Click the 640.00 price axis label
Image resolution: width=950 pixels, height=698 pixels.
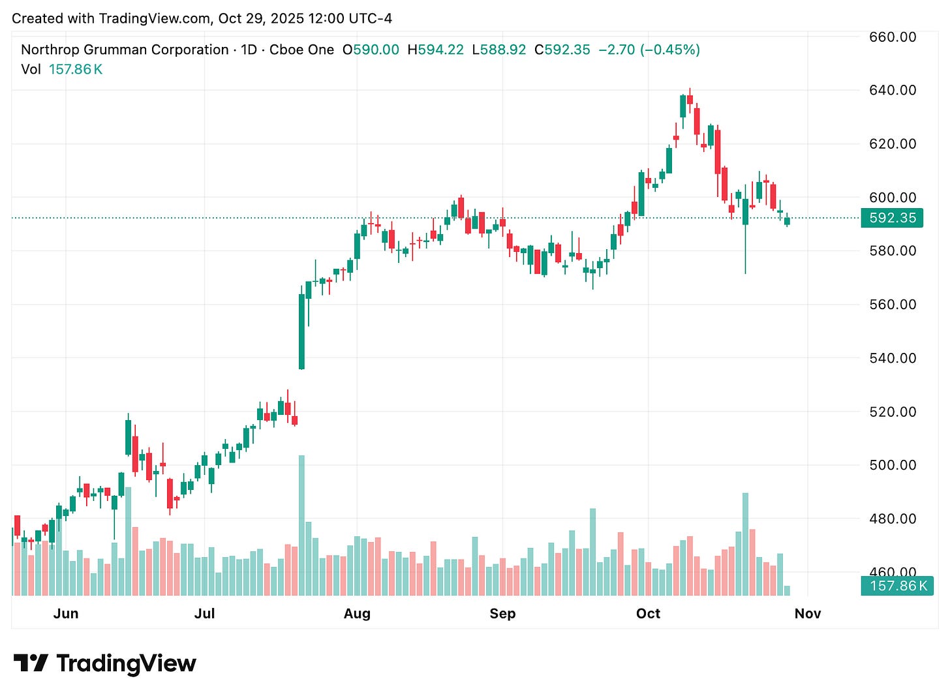(x=893, y=90)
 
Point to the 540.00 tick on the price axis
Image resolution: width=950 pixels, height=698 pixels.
(x=893, y=358)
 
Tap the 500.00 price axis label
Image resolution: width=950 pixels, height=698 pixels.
(x=893, y=465)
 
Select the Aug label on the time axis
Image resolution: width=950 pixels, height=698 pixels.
(x=357, y=614)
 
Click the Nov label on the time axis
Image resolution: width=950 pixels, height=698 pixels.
(x=808, y=614)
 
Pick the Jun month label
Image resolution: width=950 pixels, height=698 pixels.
(x=66, y=614)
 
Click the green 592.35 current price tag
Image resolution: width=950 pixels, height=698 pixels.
(x=892, y=218)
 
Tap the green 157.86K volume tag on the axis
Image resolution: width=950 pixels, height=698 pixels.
(x=897, y=586)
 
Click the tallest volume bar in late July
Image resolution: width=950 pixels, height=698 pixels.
(x=301, y=525)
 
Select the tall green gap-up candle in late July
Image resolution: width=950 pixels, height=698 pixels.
(x=301, y=331)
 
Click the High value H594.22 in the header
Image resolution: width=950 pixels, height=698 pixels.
(x=435, y=50)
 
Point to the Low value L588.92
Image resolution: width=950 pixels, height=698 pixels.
(x=498, y=50)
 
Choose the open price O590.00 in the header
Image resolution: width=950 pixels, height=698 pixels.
(x=371, y=50)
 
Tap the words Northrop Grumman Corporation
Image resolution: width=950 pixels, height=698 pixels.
(x=125, y=50)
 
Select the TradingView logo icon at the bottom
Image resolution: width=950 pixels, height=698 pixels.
(x=31, y=663)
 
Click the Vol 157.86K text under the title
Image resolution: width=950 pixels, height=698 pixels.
(x=62, y=69)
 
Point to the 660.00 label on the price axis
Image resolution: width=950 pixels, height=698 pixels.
(x=893, y=37)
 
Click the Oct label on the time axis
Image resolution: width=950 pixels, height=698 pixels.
(x=649, y=614)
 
